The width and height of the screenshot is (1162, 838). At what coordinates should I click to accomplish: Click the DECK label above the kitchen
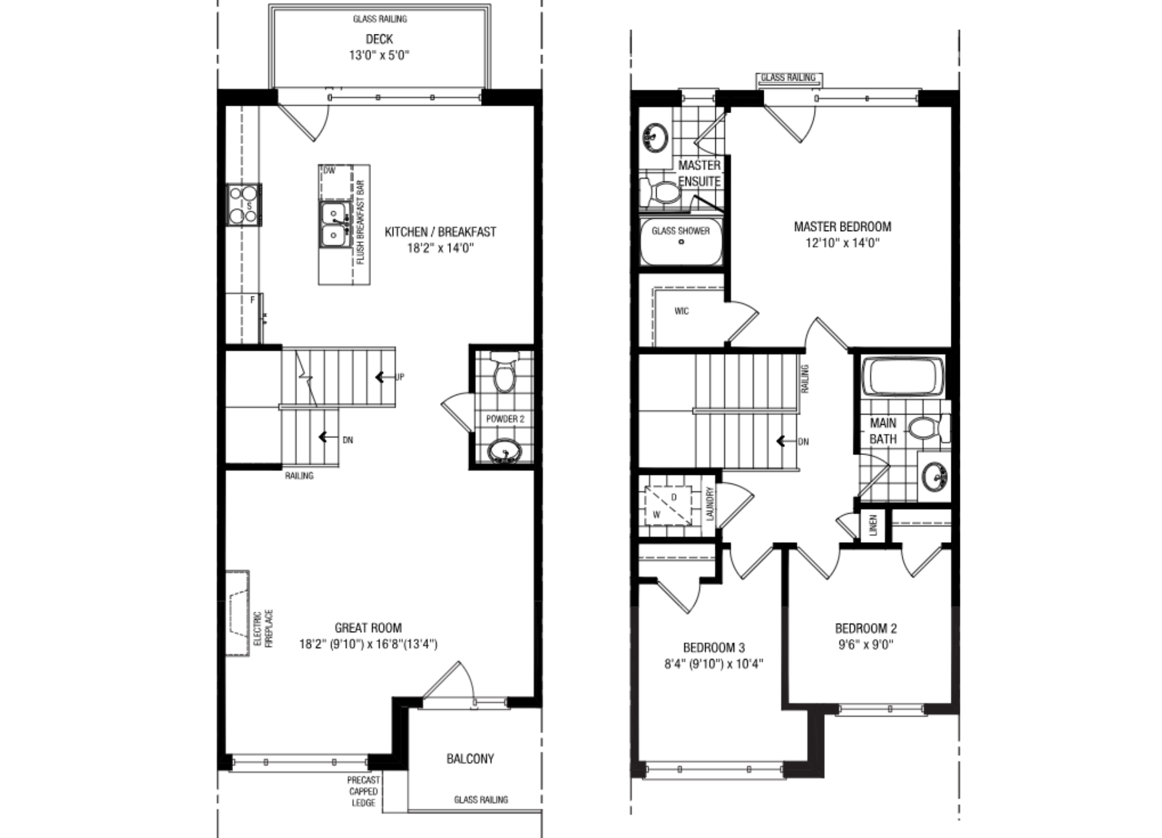click(x=379, y=39)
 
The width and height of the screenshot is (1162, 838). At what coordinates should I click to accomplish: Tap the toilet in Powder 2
click(x=504, y=371)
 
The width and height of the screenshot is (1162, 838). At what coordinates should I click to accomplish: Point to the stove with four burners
click(x=244, y=205)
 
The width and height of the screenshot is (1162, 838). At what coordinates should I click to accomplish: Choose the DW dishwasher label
click(x=329, y=171)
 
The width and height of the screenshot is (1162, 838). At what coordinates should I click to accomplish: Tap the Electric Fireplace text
click(x=263, y=629)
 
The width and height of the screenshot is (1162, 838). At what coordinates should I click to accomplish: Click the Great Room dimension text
click(x=368, y=644)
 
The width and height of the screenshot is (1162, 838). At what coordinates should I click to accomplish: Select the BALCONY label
click(x=470, y=759)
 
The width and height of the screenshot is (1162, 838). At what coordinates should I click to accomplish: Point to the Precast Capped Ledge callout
click(x=363, y=791)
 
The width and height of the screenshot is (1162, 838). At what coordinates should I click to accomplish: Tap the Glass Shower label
click(x=681, y=231)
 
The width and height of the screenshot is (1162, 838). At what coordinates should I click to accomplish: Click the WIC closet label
click(x=681, y=311)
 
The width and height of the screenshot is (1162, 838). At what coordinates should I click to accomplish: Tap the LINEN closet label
click(x=873, y=525)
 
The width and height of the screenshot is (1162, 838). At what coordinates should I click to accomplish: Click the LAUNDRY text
click(x=711, y=504)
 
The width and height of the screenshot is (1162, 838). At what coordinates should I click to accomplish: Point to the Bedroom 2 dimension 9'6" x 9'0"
click(x=865, y=645)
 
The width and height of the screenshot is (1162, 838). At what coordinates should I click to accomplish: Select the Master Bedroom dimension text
click(x=842, y=243)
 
